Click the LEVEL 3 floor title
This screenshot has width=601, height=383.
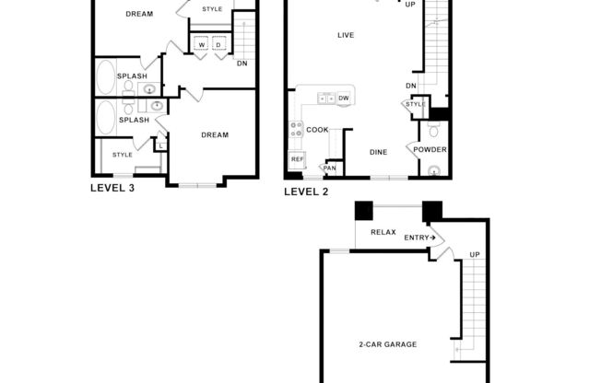point(112,188)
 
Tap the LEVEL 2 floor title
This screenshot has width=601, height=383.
point(306,191)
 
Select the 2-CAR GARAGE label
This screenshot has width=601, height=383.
point(388,344)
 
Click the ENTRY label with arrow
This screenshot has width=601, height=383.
point(419,238)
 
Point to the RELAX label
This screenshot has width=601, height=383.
point(383,232)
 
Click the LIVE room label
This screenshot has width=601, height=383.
point(346,36)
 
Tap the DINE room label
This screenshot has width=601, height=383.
point(378,152)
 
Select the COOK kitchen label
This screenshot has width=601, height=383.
point(318,130)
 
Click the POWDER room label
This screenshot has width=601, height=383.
point(430,150)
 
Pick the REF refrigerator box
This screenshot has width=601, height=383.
point(297,159)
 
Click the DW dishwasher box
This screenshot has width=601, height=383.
point(343,98)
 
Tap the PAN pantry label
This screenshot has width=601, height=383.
point(329,168)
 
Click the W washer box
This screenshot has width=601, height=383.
point(201,44)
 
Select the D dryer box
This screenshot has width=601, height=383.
point(218,44)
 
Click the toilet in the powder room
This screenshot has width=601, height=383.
point(433,170)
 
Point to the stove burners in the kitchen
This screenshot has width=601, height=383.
point(297,130)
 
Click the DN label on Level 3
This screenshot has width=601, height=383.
point(242,64)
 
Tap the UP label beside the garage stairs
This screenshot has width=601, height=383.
point(474,255)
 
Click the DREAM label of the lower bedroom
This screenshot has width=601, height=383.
point(214,135)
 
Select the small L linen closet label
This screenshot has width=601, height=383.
point(160,145)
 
